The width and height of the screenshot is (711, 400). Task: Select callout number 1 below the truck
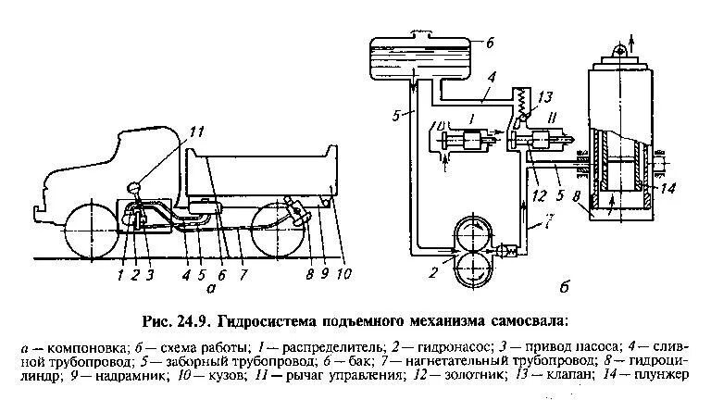[x=120, y=274]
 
